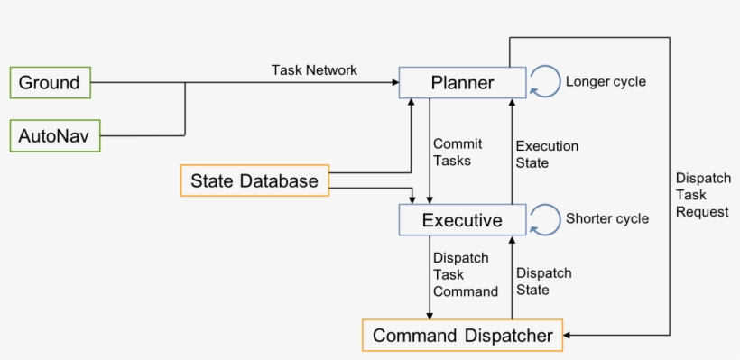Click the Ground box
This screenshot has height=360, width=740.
[51, 83]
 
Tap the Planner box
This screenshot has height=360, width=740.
[462, 84]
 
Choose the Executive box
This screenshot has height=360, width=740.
[462, 220]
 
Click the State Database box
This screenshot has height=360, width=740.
[254, 181]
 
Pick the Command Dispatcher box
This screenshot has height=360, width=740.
[462, 336]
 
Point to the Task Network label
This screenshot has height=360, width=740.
[314, 69]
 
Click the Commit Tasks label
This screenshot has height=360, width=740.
[458, 152]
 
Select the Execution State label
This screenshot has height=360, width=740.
[546, 154]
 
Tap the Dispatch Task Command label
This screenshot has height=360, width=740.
[465, 274]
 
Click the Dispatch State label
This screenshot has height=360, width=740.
[542, 282]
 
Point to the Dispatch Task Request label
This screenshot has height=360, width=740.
[701, 194]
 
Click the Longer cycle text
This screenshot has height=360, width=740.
[606, 82]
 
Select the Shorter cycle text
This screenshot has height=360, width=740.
[606, 218]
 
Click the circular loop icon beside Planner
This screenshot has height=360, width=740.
[544, 82]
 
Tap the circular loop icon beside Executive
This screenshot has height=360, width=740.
[544, 218]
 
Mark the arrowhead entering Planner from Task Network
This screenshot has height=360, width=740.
[394, 83]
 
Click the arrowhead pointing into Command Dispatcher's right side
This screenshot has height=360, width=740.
[570, 336]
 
